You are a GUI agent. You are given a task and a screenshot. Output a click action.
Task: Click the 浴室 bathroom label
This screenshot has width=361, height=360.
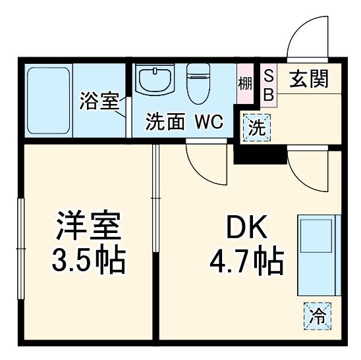pos(99,101)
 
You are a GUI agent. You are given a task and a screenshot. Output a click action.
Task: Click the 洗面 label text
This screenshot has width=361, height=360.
pos(165,122)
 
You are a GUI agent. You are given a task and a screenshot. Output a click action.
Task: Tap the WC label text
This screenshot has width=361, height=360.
pos(209,122)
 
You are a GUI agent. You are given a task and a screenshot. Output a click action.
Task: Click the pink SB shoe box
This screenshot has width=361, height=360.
pos(267,85)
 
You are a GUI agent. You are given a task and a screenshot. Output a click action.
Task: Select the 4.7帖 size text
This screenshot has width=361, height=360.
pos(246,261)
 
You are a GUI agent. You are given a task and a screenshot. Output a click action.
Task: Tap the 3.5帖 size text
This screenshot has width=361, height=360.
pos(89,261)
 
